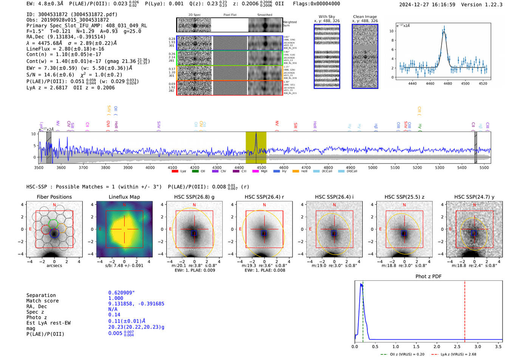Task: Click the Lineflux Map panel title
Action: pyautogui.click(x=124, y=197)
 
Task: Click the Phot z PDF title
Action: pyautogui.click(x=428, y=277)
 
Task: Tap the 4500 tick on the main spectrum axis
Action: pyautogui.click(x=261, y=167)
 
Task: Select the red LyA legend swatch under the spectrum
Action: pyautogui.click(x=175, y=172)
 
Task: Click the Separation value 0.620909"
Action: pyautogui.click(x=121, y=293)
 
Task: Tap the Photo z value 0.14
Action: pyautogui.click(x=114, y=315)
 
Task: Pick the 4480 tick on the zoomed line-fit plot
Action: pyautogui.click(x=448, y=83)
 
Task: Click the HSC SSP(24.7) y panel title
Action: pyautogui.click(x=474, y=197)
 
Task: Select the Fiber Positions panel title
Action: pyautogui.click(x=54, y=197)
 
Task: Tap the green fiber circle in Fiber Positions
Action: pyautogui.click(x=53, y=223)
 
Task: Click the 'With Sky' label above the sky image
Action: pyautogui.click(x=326, y=17)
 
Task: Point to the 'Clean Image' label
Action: pyautogui.click(x=365, y=17)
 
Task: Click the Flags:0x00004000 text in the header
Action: pyautogui.click(x=316, y=4)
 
